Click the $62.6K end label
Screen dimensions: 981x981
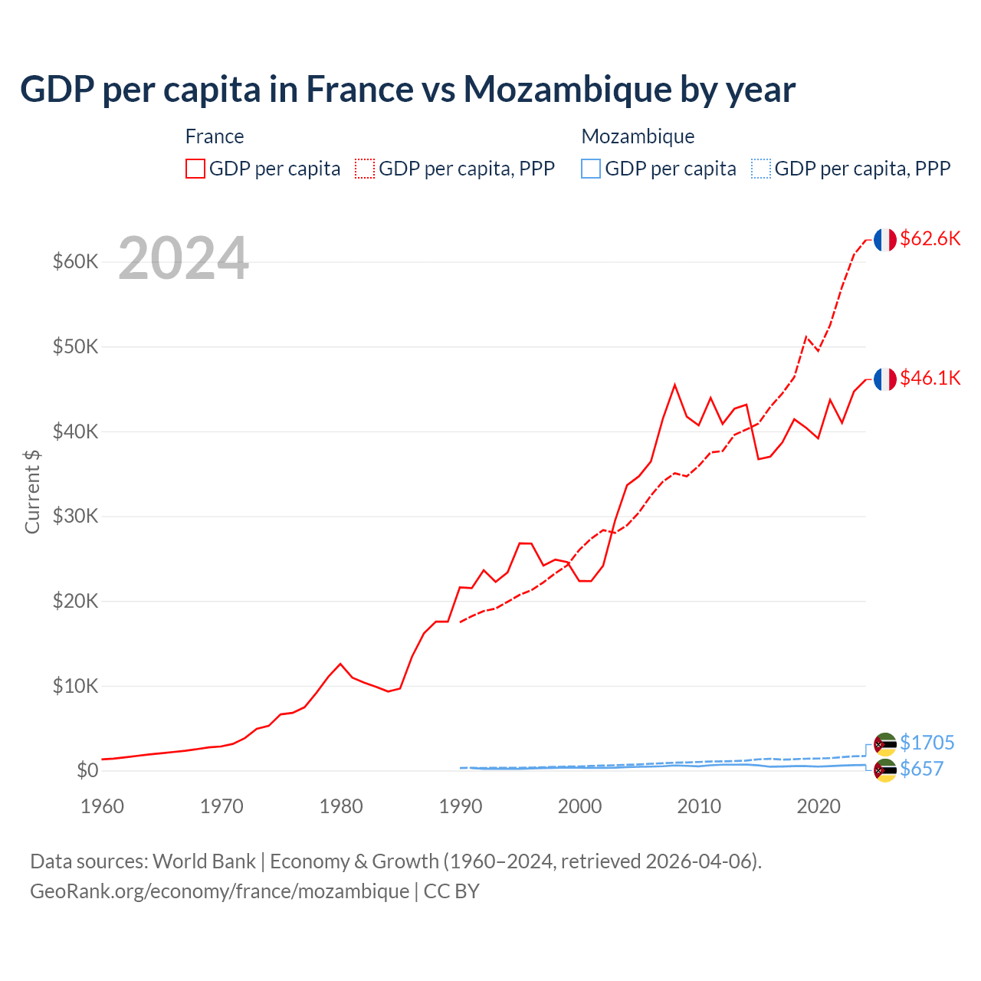(x=930, y=238)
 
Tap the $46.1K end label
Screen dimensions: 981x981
(x=930, y=378)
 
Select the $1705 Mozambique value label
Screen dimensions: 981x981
(x=927, y=743)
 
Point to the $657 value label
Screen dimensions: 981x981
(x=921, y=769)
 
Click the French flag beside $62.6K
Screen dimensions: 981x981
(x=885, y=240)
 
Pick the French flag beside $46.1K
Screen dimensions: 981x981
(x=885, y=379)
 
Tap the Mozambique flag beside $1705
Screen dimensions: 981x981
(x=885, y=744)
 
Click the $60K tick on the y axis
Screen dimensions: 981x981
(x=75, y=262)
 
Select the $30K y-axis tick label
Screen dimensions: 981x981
(x=75, y=517)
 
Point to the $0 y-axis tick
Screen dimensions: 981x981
(x=87, y=770)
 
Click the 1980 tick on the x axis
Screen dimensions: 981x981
(x=341, y=806)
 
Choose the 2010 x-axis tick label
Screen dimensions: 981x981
(x=699, y=806)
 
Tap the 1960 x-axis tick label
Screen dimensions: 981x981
(x=102, y=806)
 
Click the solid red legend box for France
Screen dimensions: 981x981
(x=195, y=169)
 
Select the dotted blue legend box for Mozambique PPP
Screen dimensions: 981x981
(x=761, y=169)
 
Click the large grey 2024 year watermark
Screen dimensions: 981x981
(x=184, y=258)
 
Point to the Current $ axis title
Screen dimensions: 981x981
(x=32, y=491)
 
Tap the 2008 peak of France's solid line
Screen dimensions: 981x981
(x=674, y=385)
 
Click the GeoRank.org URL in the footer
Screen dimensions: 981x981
(x=219, y=891)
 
